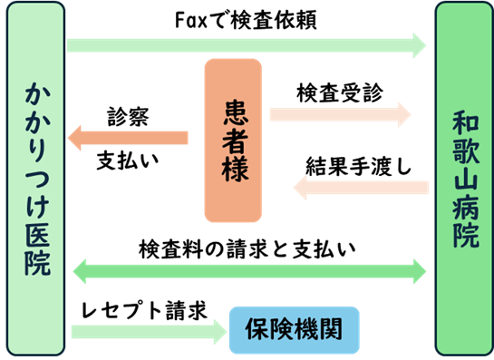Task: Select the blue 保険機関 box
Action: (294, 330)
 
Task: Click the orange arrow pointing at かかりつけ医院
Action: (128, 138)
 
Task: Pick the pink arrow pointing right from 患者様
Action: (341, 114)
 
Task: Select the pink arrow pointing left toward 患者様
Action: (361, 188)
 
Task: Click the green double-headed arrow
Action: (248, 269)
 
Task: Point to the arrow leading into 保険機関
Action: (149, 331)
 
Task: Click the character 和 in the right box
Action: (464, 122)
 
